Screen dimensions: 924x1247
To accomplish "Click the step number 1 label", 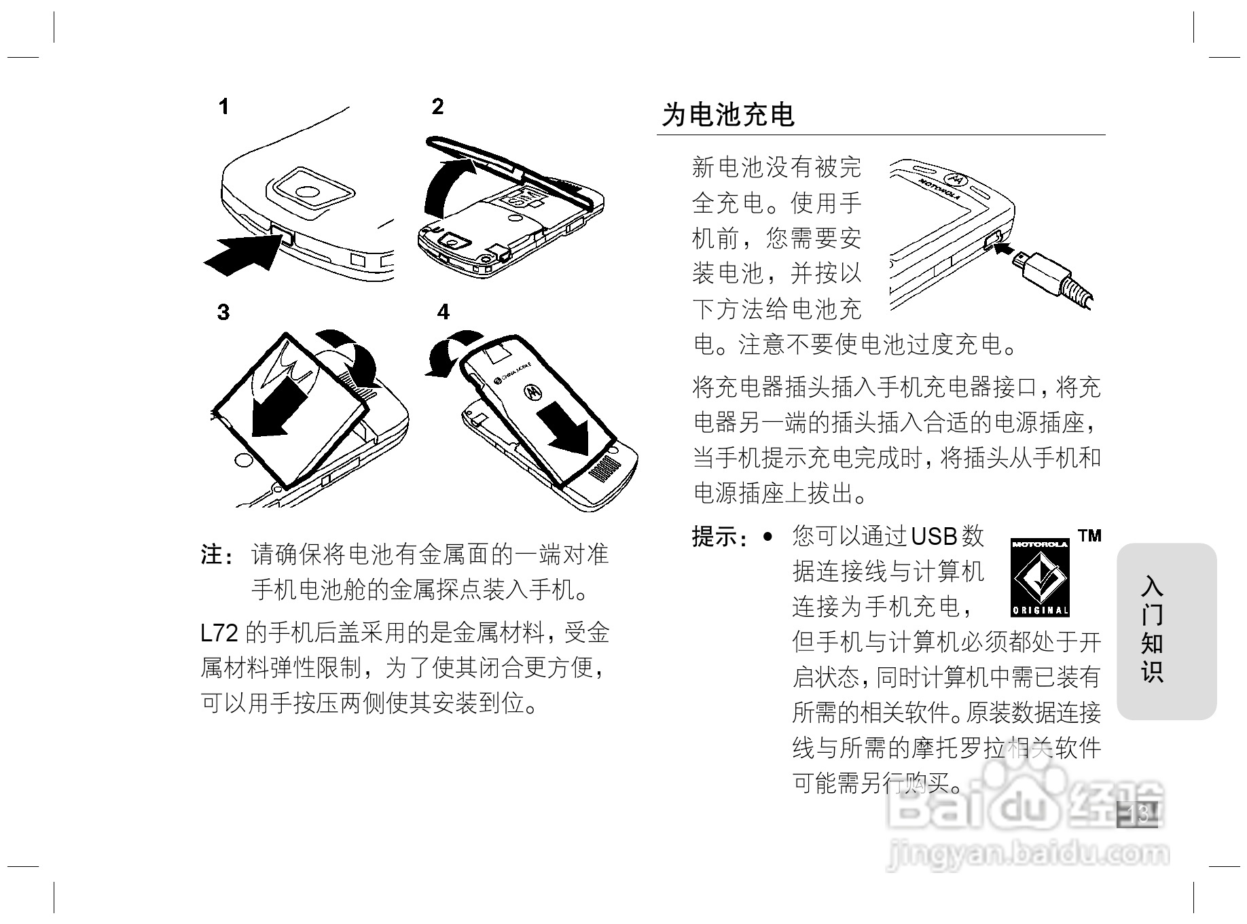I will [x=223, y=107].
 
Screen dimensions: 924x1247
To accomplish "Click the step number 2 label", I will [x=437, y=107].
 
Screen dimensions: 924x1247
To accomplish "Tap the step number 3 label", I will [x=223, y=312].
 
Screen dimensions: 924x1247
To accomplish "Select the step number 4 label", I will [x=443, y=312].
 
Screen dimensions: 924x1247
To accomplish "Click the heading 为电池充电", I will [x=728, y=115].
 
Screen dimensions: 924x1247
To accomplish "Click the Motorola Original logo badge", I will [x=1040, y=575].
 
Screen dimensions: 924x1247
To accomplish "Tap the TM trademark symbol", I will [x=1089, y=536].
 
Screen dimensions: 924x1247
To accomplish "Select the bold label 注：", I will [x=218, y=555].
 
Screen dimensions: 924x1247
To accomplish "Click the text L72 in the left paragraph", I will [x=219, y=633].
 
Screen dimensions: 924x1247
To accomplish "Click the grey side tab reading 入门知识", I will [x=1165, y=630].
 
